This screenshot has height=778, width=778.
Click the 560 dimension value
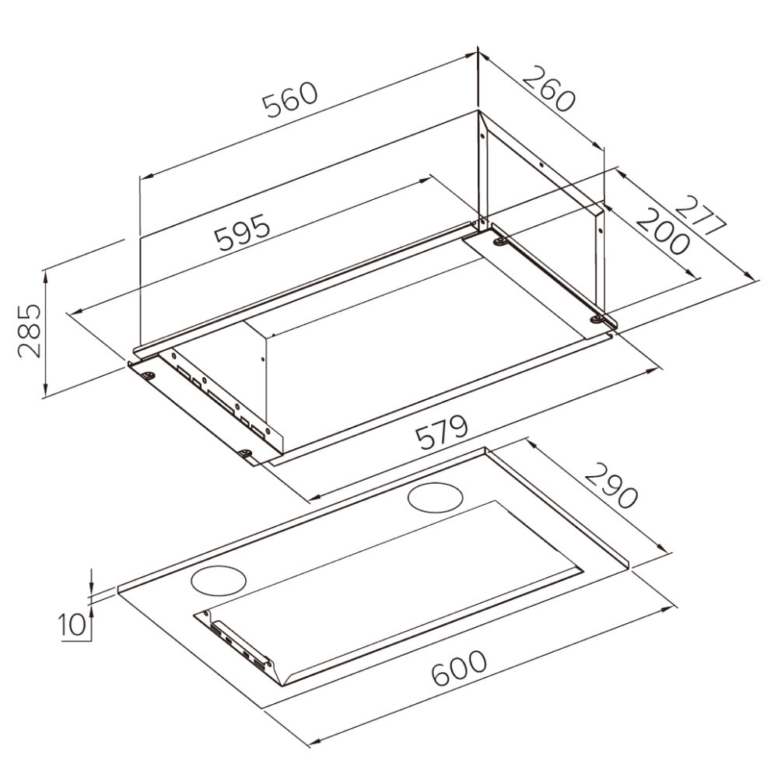[x=289, y=101]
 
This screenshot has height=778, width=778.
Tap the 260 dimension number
[x=549, y=89]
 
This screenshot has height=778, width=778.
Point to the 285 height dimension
[x=28, y=331]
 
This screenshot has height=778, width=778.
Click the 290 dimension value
[x=611, y=485]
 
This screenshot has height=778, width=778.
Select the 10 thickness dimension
[x=72, y=625]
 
